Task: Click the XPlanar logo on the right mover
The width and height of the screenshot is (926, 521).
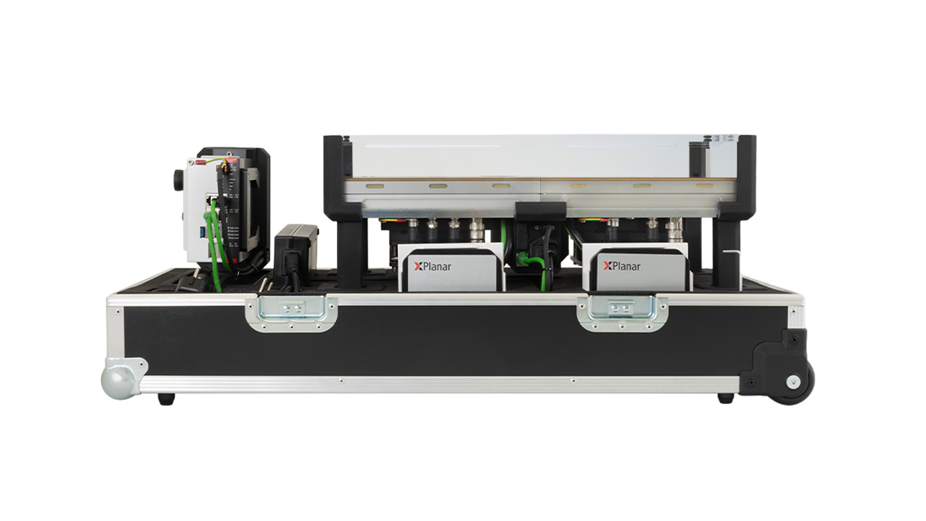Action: tap(621, 266)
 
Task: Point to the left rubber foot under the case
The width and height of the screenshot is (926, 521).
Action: tap(166, 399)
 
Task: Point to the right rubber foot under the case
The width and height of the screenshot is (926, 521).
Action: tap(725, 398)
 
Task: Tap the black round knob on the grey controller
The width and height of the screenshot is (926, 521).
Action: tap(178, 179)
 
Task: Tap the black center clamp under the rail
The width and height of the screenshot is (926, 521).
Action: tap(540, 210)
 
